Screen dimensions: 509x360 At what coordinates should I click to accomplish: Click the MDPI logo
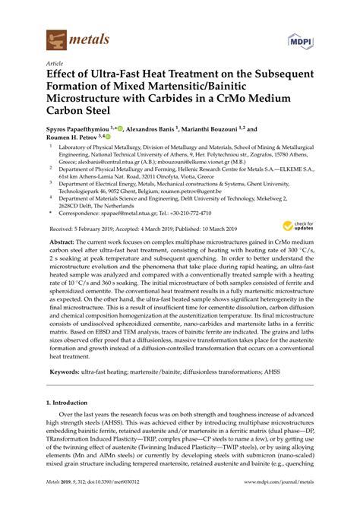click(x=301, y=37)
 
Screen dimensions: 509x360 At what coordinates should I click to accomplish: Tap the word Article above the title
click(x=55, y=65)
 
